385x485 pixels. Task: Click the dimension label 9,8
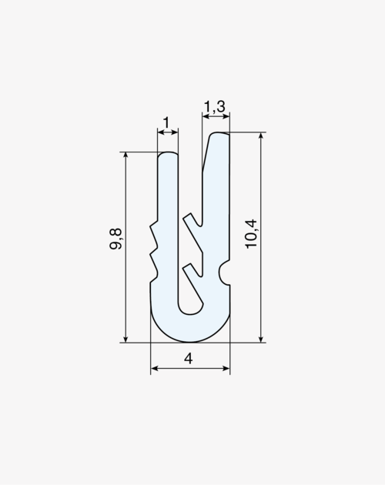115,239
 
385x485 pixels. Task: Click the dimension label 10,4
251,233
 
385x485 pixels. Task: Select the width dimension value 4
188,359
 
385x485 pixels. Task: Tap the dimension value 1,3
215,107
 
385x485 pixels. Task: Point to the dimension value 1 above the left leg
167,123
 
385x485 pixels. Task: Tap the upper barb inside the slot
194,233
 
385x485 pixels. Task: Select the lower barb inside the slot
194,285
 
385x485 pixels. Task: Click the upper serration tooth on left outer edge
155,235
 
